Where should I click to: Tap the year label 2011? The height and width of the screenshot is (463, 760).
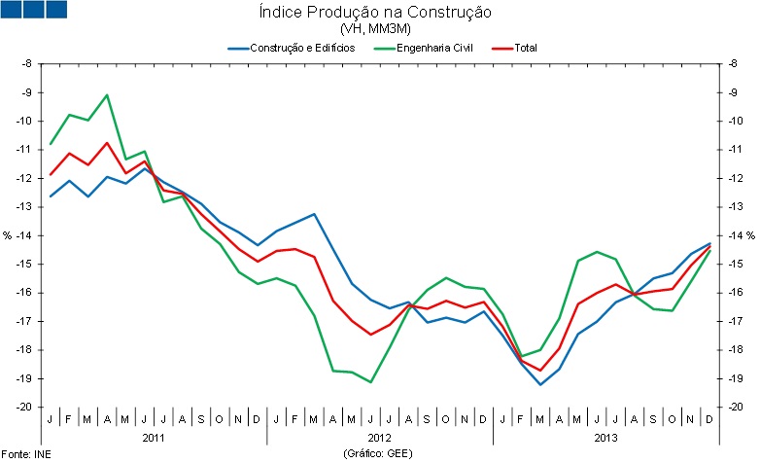tap(154, 439)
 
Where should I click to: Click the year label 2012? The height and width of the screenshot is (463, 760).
tap(379, 439)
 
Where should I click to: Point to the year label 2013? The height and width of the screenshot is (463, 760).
tap(606, 439)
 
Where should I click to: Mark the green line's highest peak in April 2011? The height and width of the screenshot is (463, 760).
tap(107, 94)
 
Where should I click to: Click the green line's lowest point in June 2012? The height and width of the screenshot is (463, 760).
tap(370, 382)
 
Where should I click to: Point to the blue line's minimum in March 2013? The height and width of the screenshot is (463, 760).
tap(540, 384)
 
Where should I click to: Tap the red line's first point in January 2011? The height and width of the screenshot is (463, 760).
tap(51, 175)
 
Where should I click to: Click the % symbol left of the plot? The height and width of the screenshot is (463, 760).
tap(7, 235)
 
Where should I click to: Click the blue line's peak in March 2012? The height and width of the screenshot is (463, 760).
tap(314, 214)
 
